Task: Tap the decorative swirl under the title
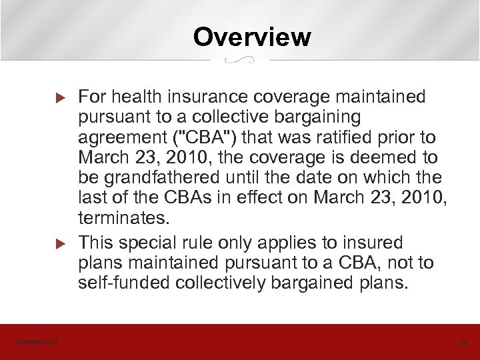point(240,61)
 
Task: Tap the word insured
point(369,242)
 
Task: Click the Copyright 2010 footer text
point(37,342)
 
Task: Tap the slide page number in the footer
point(463,342)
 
